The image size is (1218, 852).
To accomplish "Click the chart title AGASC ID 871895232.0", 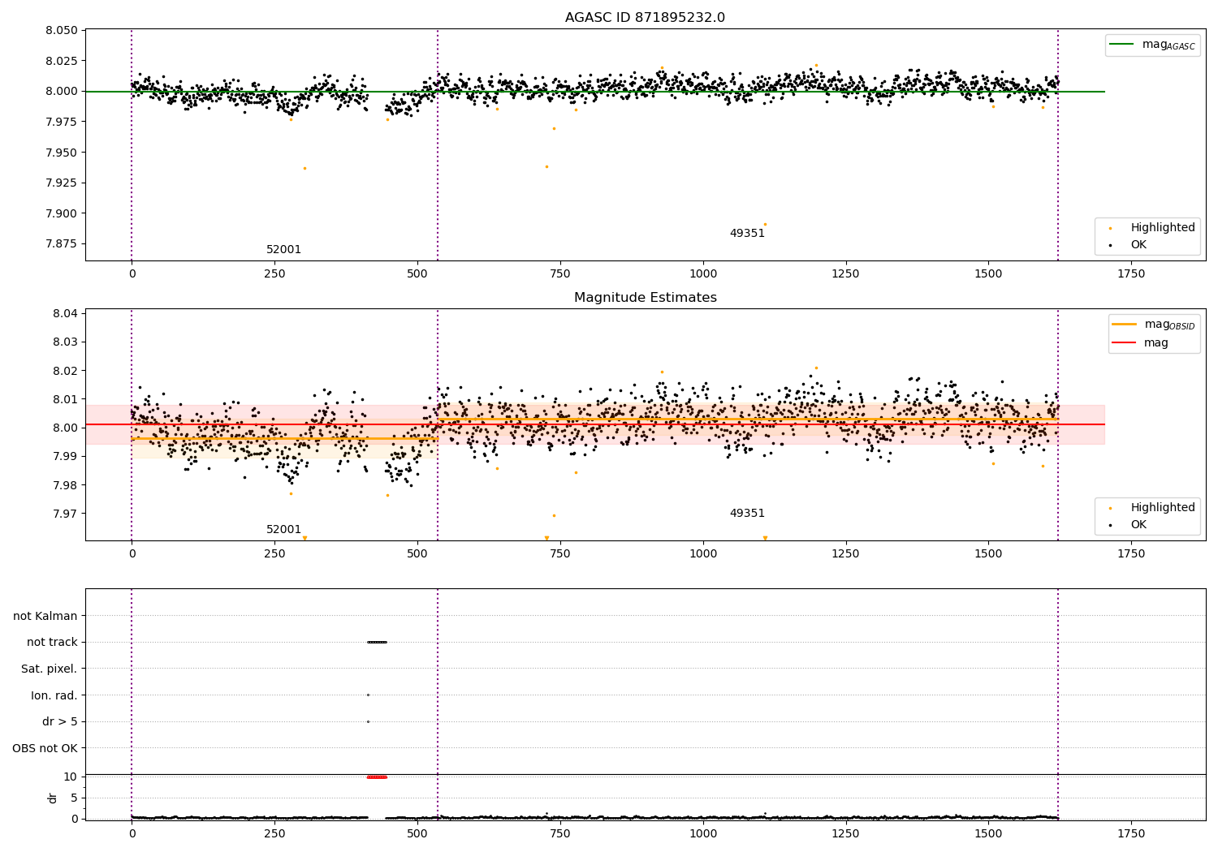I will point(645,18).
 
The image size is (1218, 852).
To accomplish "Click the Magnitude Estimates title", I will point(645,298).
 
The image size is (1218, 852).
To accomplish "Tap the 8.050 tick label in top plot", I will point(62,31).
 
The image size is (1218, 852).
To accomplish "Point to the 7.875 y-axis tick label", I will point(62,244).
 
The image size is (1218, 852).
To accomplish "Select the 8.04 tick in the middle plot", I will point(64,314).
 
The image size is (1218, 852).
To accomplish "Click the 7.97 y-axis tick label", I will point(64,514).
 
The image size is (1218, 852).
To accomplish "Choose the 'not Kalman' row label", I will point(45,617).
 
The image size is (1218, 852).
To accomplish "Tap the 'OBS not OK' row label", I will point(45,748).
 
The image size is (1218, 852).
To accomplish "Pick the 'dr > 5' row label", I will point(60,722).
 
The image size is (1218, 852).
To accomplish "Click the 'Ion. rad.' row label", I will point(54,695).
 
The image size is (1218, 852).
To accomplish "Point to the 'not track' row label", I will point(52,643).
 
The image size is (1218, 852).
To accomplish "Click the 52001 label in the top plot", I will point(283,250).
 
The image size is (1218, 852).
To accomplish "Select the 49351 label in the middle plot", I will point(747,514).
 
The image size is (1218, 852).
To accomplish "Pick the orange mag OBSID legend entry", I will point(1153,325).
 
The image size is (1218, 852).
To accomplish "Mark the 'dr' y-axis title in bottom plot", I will point(53,798).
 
